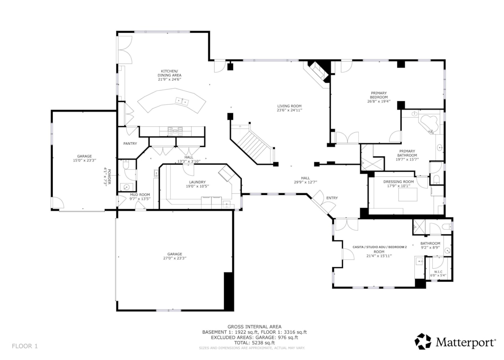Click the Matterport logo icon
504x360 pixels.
[x=423, y=341]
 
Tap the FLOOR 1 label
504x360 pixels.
[x=25, y=346]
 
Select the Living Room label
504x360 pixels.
[x=289, y=106]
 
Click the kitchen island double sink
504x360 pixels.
[x=183, y=102]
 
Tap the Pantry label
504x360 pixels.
[x=130, y=144]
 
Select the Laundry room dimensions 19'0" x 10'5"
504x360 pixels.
[x=197, y=186]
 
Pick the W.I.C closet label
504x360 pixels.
[x=438, y=272]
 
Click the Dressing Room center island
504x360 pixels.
[x=408, y=195]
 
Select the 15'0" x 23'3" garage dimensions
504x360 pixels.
[x=82, y=161]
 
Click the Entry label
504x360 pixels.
[x=332, y=198]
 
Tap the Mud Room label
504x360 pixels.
[x=140, y=194]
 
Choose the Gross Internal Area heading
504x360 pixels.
[x=254, y=327]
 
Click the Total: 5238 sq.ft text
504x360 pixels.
[x=254, y=343]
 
